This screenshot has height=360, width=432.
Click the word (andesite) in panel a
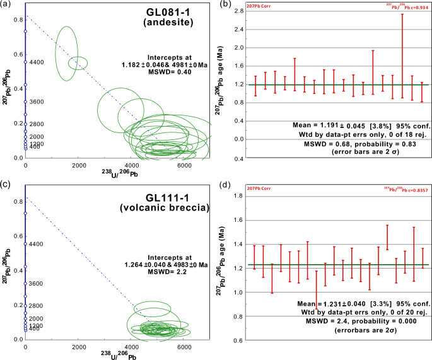point(173,25)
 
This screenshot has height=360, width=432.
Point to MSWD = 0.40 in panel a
point(168,72)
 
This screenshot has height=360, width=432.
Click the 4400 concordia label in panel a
point(38,62)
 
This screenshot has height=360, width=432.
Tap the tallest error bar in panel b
point(402,57)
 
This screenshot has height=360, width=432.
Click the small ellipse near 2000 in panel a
point(78,62)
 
